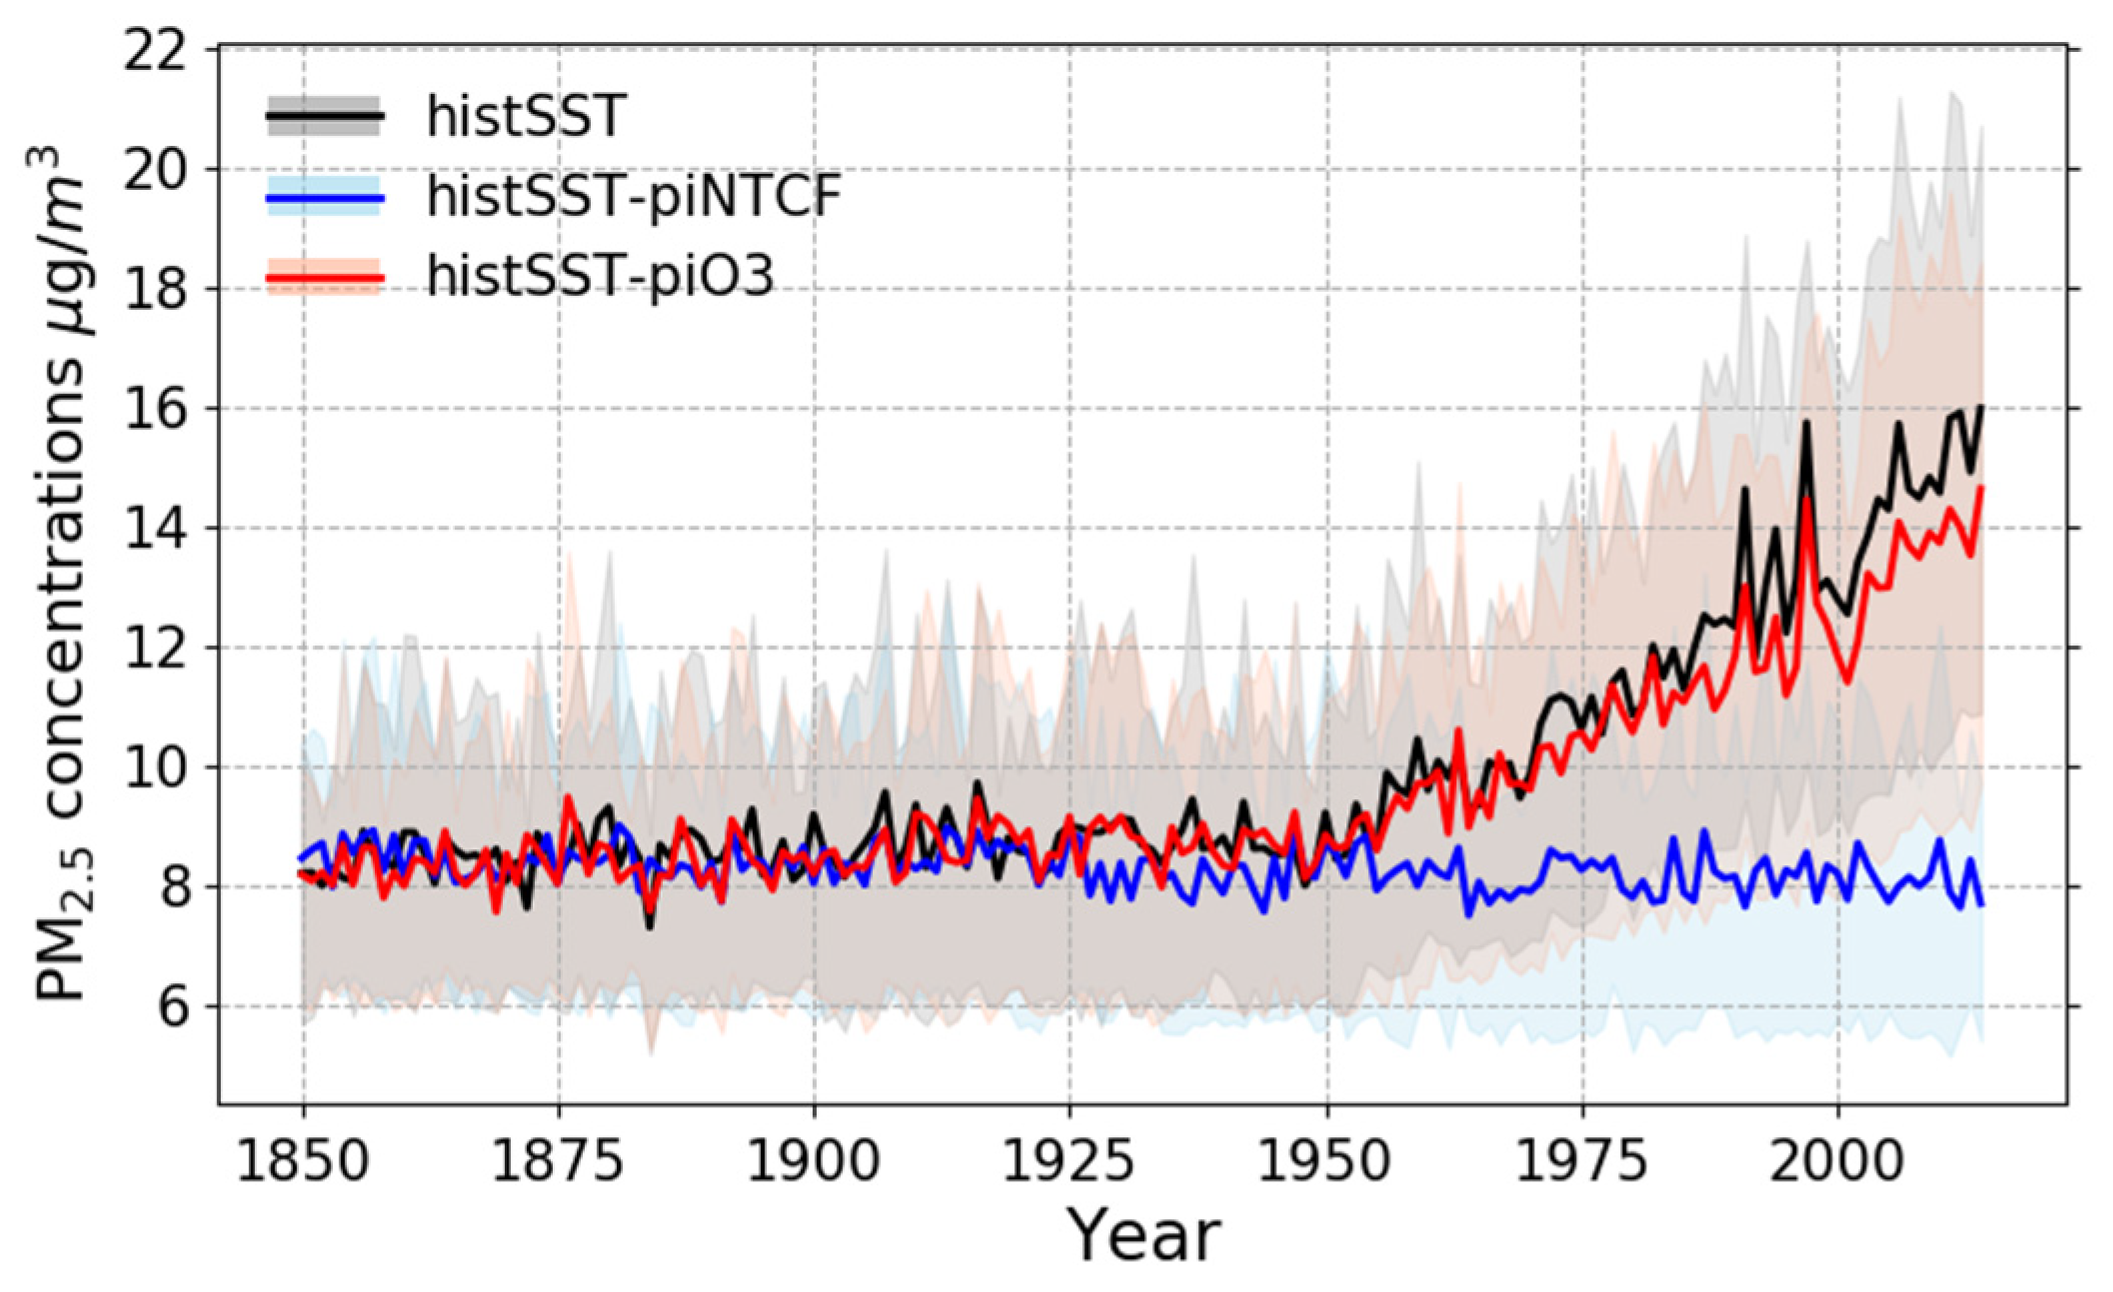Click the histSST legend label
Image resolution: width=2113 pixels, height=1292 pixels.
pos(526,116)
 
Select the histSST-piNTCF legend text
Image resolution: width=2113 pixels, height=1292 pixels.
pos(634,196)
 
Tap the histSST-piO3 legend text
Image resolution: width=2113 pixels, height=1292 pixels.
pos(600,276)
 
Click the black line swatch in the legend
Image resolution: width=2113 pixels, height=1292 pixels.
pos(324,117)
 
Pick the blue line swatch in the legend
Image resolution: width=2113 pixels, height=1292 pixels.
pos(324,198)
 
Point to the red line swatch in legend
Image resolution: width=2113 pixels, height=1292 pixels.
pos(324,277)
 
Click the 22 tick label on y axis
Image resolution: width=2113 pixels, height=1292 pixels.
pos(155,49)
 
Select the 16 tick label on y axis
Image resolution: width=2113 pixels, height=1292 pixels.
pos(155,409)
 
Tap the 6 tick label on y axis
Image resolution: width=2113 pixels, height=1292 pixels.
pos(172,1006)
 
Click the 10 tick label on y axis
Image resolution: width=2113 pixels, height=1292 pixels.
pos(155,767)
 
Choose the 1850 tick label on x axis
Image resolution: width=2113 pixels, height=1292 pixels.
pos(303,1162)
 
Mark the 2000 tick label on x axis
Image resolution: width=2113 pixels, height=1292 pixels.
pos(1837,1162)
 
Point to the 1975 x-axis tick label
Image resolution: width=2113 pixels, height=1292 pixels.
pos(1582,1162)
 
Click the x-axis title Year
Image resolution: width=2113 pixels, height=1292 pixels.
pos(1143,1236)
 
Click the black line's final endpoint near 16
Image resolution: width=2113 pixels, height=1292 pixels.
pos(1981,408)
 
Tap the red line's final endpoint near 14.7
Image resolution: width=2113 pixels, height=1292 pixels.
pos(1981,488)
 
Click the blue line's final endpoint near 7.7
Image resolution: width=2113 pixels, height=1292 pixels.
pos(1981,904)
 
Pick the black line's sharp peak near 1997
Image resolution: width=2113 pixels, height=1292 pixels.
pos(1806,423)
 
